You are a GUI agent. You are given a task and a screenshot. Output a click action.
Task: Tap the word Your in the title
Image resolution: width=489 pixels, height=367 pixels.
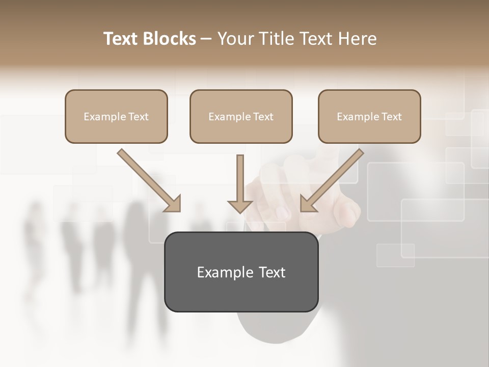pos(234,39)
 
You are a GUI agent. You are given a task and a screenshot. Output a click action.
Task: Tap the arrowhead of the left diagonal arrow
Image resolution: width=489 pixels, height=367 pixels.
pos(173,204)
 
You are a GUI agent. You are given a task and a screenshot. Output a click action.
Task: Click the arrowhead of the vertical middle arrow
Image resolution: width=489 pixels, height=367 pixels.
pos(240,206)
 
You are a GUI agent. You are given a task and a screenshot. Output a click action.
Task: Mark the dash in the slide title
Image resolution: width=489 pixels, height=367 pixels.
pos(207,39)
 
